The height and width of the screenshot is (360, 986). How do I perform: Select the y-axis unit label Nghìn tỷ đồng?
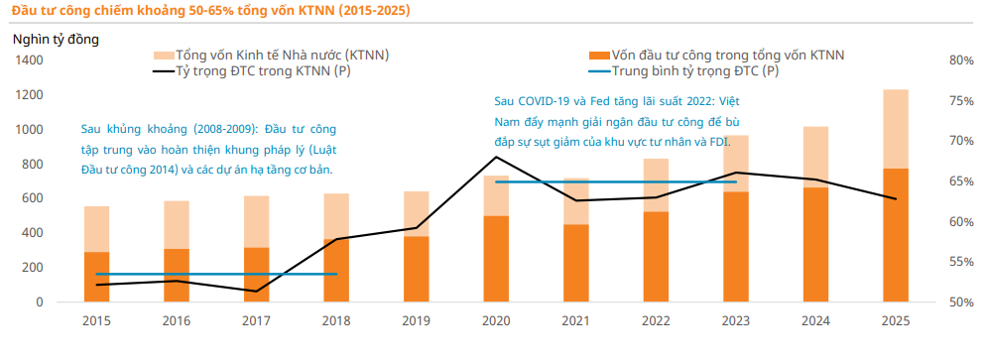click(56, 40)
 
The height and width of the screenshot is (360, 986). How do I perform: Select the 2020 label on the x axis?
click(496, 320)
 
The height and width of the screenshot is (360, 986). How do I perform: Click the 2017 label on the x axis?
click(256, 320)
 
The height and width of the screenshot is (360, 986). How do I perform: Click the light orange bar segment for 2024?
click(816, 157)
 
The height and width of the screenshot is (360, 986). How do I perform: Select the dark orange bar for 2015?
click(96, 278)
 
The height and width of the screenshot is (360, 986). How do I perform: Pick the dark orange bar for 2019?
click(416, 269)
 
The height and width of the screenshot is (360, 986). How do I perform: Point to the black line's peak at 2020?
click(496, 157)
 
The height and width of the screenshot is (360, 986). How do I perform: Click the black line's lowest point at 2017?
click(256, 292)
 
